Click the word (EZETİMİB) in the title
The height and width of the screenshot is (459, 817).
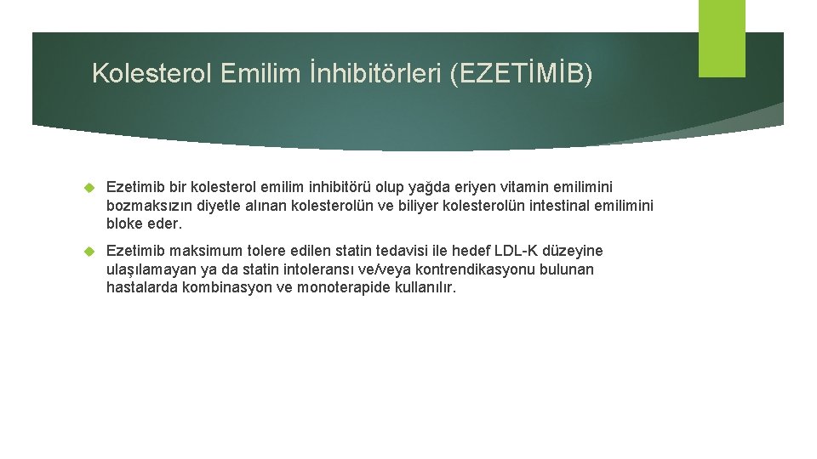click(x=521, y=74)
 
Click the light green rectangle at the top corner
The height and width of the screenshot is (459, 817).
click(x=722, y=38)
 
